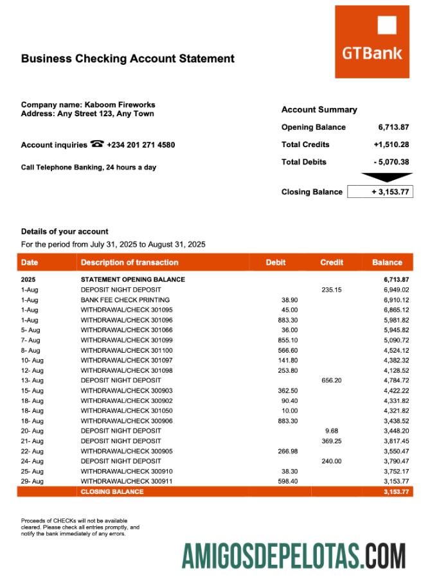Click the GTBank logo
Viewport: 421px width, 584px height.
pyautogui.click(x=372, y=42)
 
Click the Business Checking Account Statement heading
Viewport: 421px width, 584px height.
pyautogui.click(x=127, y=58)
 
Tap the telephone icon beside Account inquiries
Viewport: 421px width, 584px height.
pyautogui.click(x=97, y=145)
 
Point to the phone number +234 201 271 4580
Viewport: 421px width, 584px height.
pyautogui.click(x=141, y=145)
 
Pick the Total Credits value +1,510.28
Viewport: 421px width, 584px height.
pyautogui.click(x=391, y=145)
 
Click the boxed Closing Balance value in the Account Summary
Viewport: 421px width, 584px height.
pyautogui.click(x=380, y=192)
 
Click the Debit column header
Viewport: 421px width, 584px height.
pyautogui.click(x=276, y=262)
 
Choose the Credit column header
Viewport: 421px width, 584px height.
pyautogui.click(x=332, y=262)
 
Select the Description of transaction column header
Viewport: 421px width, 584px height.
pyautogui.click(x=129, y=262)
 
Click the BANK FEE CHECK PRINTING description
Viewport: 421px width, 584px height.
pyautogui.click(x=125, y=300)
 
